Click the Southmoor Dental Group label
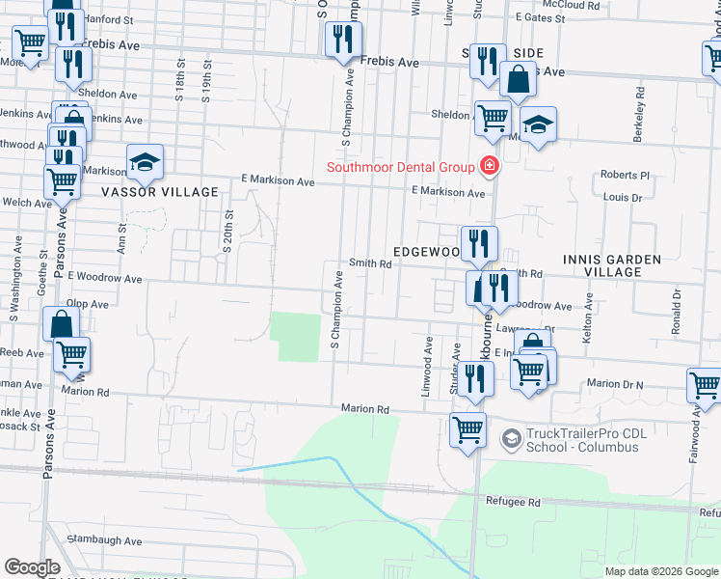[400, 167]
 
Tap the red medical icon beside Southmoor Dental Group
[489, 167]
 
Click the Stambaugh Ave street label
[106, 541]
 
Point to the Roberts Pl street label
[626, 176]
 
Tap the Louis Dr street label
[623, 197]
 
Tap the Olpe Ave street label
[87, 303]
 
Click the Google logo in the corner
[32, 567]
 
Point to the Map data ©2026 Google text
[660, 571]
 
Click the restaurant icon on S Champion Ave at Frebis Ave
[343, 40]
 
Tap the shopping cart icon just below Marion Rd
[468, 429]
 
